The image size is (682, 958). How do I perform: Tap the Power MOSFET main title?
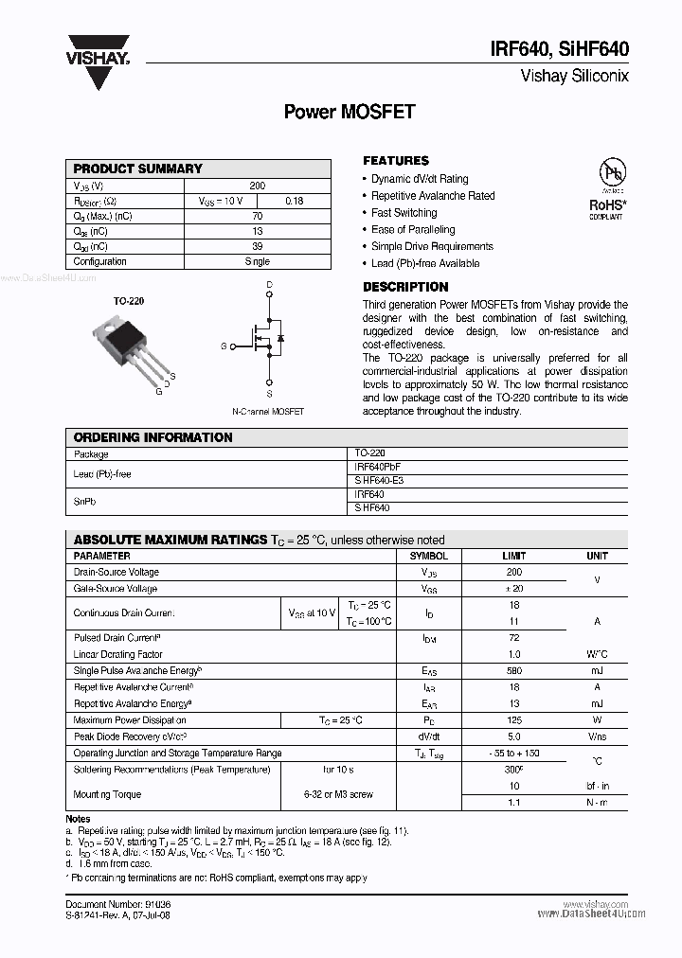click(350, 112)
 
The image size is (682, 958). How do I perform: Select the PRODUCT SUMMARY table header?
click(138, 169)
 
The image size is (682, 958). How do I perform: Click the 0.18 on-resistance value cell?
click(294, 201)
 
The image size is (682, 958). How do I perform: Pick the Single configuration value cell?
click(257, 261)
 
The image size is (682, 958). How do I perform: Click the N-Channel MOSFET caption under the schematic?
click(268, 412)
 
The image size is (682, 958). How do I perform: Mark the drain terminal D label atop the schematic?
click(269, 285)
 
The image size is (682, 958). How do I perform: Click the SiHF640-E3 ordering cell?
click(378, 480)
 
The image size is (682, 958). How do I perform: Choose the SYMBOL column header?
click(428, 556)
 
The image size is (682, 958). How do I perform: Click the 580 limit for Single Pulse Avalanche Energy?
click(513, 670)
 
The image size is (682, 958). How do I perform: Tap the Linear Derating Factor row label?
click(118, 654)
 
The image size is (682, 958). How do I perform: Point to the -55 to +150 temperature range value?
click(513, 754)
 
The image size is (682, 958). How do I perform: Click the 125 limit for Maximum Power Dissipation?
click(513, 720)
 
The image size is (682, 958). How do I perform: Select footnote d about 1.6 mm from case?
click(110, 863)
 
